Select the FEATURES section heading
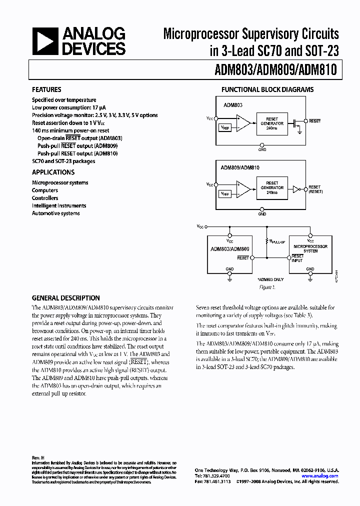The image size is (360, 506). point(46,90)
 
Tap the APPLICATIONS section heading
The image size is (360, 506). point(53,172)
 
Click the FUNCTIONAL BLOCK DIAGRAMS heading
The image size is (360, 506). point(267,90)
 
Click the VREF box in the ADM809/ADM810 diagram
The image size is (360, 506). point(225,193)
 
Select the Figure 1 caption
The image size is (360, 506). point(267,287)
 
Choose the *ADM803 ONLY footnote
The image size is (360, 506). point(270,279)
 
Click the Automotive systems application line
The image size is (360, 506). point(55,213)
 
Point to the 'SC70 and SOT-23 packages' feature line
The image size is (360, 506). point(63,161)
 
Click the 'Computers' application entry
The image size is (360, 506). point(45,190)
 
